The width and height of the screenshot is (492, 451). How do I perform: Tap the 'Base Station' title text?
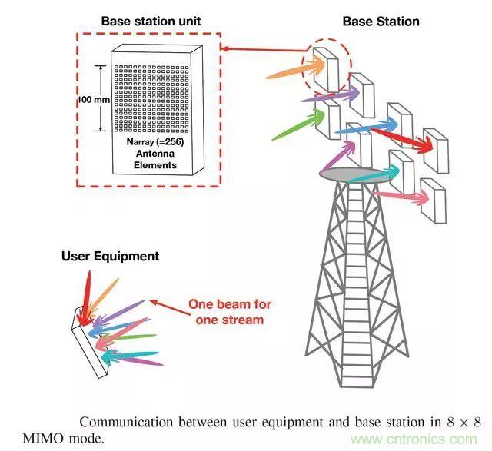tap(381, 21)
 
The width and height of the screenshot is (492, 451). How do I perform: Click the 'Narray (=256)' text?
tap(157, 142)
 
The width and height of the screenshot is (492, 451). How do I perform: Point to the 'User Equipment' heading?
tap(110, 256)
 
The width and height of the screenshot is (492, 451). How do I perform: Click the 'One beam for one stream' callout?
tap(230, 311)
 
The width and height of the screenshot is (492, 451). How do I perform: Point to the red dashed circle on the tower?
tap(329, 62)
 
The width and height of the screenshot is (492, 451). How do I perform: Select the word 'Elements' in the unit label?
tap(156, 164)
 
